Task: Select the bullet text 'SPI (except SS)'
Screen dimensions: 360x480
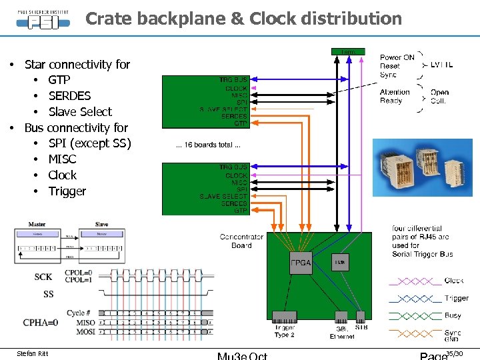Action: [89, 143]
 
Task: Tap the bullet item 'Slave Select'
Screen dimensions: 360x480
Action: [80, 111]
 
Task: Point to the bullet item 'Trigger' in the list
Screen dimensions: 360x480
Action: [67, 191]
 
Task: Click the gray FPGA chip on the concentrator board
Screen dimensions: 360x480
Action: [299, 263]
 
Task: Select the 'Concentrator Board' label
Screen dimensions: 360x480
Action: [241, 241]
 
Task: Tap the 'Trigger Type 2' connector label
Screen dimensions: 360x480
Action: [285, 331]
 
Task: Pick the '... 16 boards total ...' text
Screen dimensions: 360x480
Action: [208, 145]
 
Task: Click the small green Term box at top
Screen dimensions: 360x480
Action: [347, 51]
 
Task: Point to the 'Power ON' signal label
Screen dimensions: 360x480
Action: [397, 57]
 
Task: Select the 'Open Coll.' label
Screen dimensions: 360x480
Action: [439, 97]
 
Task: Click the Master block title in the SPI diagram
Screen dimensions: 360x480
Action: [37, 224]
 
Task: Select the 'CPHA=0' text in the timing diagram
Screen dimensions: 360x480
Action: [41, 323]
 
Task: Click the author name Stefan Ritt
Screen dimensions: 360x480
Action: [31, 353]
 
